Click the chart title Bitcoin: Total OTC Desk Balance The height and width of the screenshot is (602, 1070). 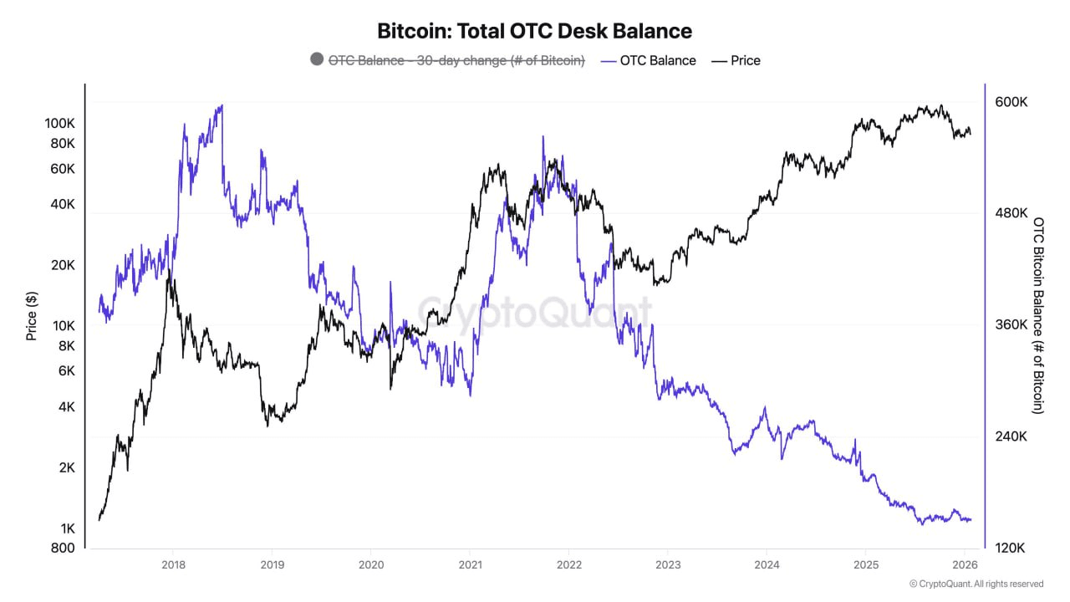coord(535,31)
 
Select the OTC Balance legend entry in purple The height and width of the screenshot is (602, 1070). coord(657,60)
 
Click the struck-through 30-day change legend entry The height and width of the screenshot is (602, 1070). coord(456,60)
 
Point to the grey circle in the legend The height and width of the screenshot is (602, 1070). coord(316,59)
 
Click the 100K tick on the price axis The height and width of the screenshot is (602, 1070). coord(59,123)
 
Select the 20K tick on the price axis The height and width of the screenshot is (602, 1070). coord(61,265)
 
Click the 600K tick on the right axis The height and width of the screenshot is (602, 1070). coord(1011,102)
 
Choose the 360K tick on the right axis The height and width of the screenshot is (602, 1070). coord(1011,324)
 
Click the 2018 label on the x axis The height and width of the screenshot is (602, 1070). coord(172,564)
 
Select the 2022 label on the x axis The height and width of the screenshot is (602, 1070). coord(568,564)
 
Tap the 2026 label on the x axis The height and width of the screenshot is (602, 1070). coord(965,564)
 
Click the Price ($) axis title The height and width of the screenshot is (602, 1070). coord(32,315)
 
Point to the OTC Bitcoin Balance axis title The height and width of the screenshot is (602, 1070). coord(1038,315)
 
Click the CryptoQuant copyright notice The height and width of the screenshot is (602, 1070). coord(976,584)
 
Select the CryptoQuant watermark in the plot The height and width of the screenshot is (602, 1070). coord(535,313)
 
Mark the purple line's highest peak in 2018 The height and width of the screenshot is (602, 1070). coord(221,106)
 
